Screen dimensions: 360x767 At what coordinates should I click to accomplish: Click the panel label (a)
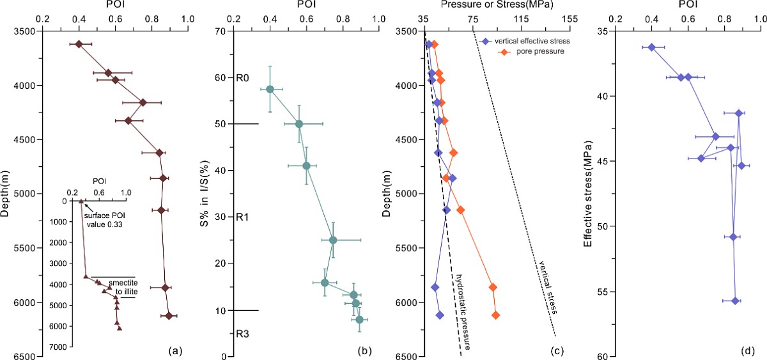(x=176, y=350)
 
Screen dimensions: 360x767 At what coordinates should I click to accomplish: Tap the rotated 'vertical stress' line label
(x=548, y=288)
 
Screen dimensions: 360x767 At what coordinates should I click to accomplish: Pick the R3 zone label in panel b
(x=243, y=333)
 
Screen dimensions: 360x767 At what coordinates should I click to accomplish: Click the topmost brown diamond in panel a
(x=79, y=44)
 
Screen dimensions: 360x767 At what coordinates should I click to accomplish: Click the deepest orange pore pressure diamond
(x=495, y=315)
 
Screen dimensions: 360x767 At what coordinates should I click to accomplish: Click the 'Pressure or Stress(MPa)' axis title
(x=497, y=4)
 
